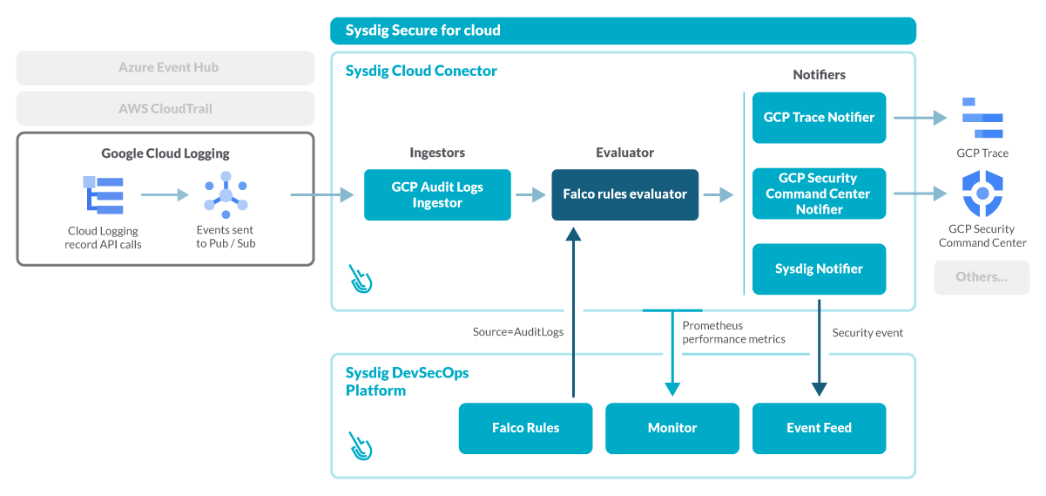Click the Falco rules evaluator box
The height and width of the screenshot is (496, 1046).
[624, 194]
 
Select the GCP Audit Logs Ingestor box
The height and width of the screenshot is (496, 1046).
[437, 194]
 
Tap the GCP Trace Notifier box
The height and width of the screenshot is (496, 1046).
[819, 118]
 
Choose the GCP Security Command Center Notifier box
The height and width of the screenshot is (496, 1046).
[819, 194]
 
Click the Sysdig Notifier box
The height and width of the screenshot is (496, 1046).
[819, 268]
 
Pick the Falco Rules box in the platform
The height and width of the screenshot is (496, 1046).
[525, 428]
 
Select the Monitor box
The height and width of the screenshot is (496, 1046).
[672, 428]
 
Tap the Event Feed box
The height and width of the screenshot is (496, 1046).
[819, 428]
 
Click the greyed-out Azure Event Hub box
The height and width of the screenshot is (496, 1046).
[165, 67]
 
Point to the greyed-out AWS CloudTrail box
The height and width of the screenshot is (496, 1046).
[165, 109]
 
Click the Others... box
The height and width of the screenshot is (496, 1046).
[982, 277]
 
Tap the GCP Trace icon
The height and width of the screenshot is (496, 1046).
[982, 119]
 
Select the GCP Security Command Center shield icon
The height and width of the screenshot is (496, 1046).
[982, 194]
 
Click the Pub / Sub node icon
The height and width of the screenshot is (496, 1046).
[226, 194]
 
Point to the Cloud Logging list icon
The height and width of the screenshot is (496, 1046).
[104, 194]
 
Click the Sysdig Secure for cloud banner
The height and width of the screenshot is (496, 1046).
[623, 31]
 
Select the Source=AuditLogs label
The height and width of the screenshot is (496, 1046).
[518, 332]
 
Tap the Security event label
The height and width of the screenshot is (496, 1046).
[867, 333]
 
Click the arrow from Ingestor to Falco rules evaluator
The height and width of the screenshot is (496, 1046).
[530, 194]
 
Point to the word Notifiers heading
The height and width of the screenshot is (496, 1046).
[819, 75]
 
